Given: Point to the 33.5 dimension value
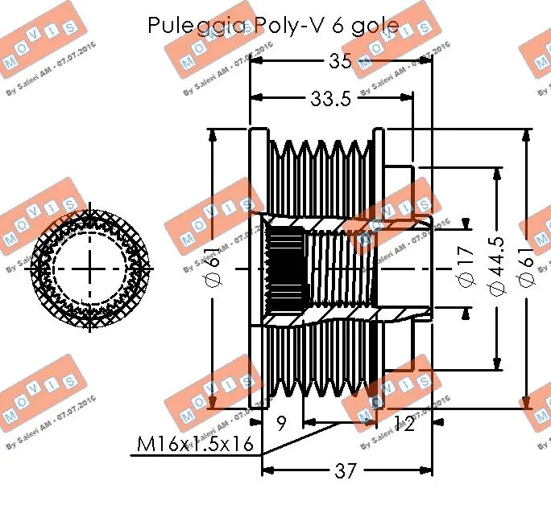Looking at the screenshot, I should click(331, 99).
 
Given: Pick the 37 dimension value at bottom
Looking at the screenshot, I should click(345, 471).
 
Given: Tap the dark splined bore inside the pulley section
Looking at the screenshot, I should click(283, 265).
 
